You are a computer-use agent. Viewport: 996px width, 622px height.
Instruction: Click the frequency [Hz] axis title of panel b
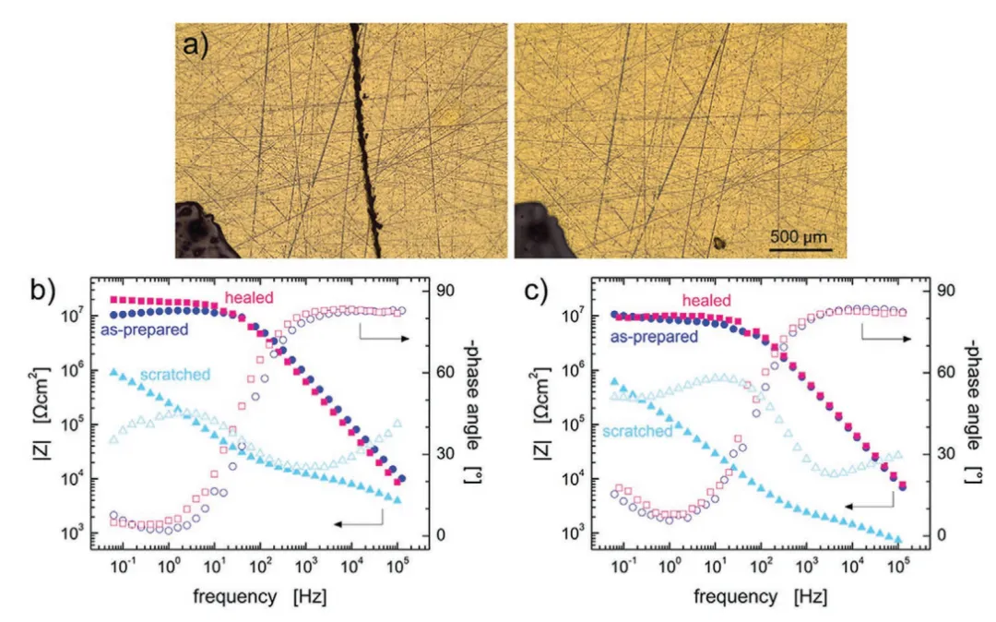point(259,597)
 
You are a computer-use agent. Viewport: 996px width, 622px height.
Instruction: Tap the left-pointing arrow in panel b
point(358,523)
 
